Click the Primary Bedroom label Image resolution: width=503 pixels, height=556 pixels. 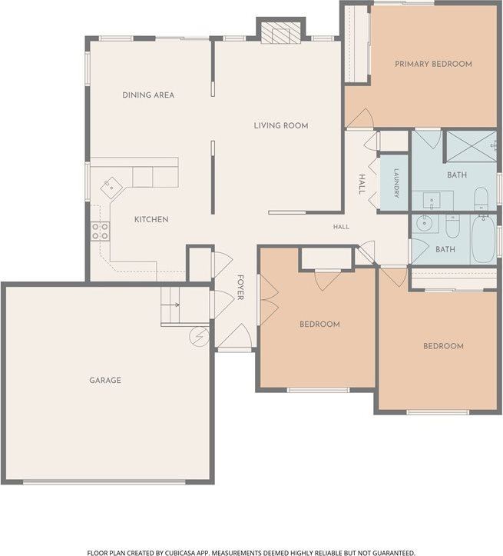coord(433,64)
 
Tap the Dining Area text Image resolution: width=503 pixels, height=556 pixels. coord(148,95)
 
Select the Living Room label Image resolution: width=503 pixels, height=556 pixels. coord(281,125)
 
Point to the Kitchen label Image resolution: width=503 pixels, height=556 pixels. coord(151,219)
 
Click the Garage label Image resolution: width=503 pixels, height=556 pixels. coord(105,381)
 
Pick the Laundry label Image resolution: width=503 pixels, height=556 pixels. coord(396,183)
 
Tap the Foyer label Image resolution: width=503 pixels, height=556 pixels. coord(240,287)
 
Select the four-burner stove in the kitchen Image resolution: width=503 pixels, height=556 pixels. coord(100,231)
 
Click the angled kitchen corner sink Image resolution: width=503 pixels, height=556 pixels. coord(111,188)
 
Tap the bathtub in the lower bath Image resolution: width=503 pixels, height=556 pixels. coord(484,239)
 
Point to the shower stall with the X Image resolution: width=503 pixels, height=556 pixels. coord(472,146)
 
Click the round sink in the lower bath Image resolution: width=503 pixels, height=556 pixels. coord(423,223)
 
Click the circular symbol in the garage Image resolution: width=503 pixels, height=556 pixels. coord(200,336)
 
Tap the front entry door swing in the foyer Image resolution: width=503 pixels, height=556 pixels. coord(235,336)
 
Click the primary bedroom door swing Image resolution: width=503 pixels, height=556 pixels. coord(360,118)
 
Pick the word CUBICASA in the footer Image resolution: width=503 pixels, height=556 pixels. coord(181,552)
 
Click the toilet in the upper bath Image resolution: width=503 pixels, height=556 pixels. coord(481,199)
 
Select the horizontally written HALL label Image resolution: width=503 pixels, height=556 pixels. coord(341,227)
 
